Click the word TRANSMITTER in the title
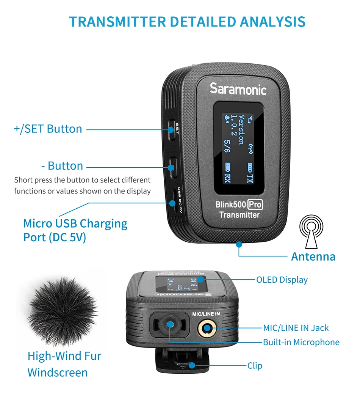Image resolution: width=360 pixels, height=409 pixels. [x=117, y=22]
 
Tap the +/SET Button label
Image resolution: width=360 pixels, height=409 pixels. [x=48, y=129]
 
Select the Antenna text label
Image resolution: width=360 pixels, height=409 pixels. [x=313, y=256]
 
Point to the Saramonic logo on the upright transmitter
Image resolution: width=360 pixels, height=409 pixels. [x=238, y=89]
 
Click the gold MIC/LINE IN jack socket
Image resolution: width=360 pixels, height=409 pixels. [x=207, y=328]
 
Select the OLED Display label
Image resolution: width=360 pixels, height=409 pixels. [x=282, y=280]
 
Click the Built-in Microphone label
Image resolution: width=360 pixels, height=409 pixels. [x=301, y=342]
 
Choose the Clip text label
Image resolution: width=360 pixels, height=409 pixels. [x=255, y=366]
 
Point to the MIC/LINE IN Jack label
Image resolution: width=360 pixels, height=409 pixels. [x=296, y=328]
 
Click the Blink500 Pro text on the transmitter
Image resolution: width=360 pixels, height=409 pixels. [x=239, y=204]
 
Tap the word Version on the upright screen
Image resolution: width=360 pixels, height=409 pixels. [x=241, y=130]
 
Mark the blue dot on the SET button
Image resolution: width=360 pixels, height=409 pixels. [x=171, y=130]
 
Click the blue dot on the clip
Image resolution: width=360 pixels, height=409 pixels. [x=192, y=365]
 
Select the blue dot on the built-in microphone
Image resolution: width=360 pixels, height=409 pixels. [x=170, y=324]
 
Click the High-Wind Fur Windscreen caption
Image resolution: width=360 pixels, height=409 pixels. [x=64, y=364]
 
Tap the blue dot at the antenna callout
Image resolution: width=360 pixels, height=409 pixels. [x=239, y=244]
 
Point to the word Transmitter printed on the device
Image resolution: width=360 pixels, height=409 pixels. [x=239, y=215]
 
